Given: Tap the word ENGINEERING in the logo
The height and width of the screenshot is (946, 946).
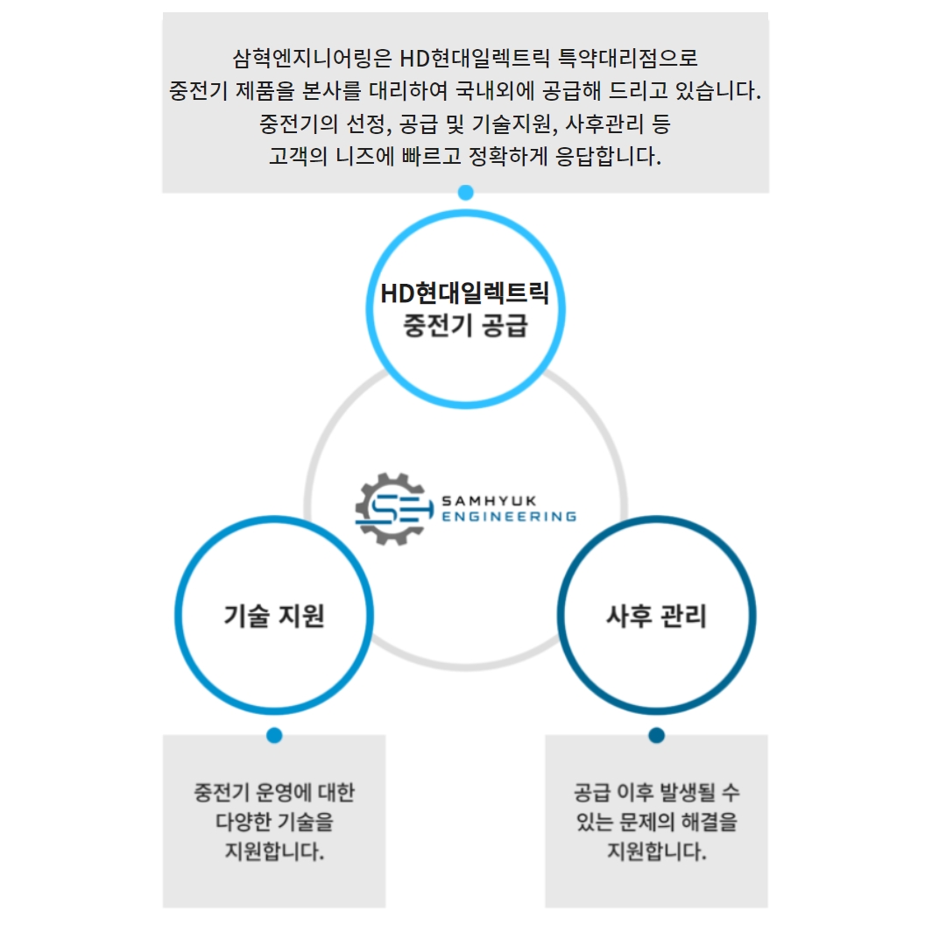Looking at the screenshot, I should pos(509,517).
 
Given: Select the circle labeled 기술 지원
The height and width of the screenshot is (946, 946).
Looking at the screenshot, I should pos(274,616).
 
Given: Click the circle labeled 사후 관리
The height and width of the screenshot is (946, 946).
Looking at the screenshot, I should pos(656,616).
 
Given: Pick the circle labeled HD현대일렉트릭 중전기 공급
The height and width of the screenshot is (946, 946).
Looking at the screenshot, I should pos(465,309).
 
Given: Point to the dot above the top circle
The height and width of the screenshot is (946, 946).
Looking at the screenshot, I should pos(465,193).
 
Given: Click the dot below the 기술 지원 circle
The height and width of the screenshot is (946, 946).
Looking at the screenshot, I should pos(274,735).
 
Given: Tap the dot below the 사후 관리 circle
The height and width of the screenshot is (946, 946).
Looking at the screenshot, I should pos(656,735).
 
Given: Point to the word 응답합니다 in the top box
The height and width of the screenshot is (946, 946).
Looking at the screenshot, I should pos(607,157).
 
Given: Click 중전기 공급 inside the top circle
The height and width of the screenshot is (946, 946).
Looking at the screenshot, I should pos(465,327).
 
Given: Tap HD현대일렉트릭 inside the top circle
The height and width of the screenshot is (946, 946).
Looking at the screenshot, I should pos(465,293).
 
